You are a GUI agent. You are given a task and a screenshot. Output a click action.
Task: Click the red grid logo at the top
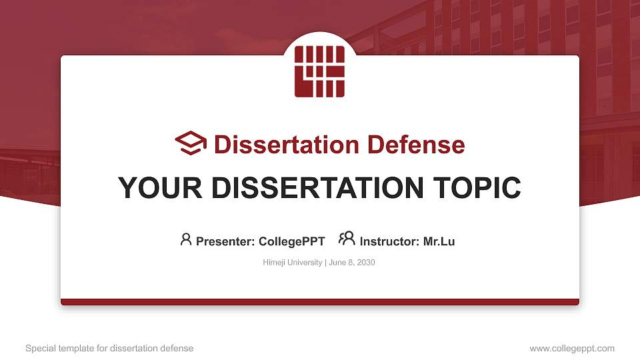(319, 71)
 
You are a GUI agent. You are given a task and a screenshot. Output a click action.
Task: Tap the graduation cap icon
(191, 143)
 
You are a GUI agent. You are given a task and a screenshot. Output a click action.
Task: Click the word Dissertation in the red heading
(287, 145)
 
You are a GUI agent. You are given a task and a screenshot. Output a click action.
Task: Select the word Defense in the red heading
(416, 145)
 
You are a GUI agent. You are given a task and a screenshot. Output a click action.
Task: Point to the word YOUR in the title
(160, 188)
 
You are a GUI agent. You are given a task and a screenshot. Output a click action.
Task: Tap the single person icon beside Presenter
(186, 239)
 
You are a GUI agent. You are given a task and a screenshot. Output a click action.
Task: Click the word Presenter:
(225, 241)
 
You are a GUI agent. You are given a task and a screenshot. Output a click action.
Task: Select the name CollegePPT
(292, 241)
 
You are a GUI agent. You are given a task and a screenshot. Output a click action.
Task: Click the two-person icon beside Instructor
(347, 239)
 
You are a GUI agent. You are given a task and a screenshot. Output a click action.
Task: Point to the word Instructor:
(389, 241)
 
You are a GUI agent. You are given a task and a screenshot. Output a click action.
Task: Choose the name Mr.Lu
(439, 241)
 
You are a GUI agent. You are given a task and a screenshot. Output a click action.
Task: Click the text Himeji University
(292, 263)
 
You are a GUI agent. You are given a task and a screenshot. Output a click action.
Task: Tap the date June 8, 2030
(352, 263)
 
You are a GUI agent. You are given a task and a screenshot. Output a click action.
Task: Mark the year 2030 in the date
(366, 263)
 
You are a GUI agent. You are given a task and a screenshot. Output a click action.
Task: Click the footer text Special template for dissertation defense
(109, 348)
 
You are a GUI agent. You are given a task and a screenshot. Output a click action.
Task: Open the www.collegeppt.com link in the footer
(572, 348)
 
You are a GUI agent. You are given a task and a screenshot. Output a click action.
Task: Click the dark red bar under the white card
(320, 302)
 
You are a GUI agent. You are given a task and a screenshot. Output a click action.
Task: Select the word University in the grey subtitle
(305, 263)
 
